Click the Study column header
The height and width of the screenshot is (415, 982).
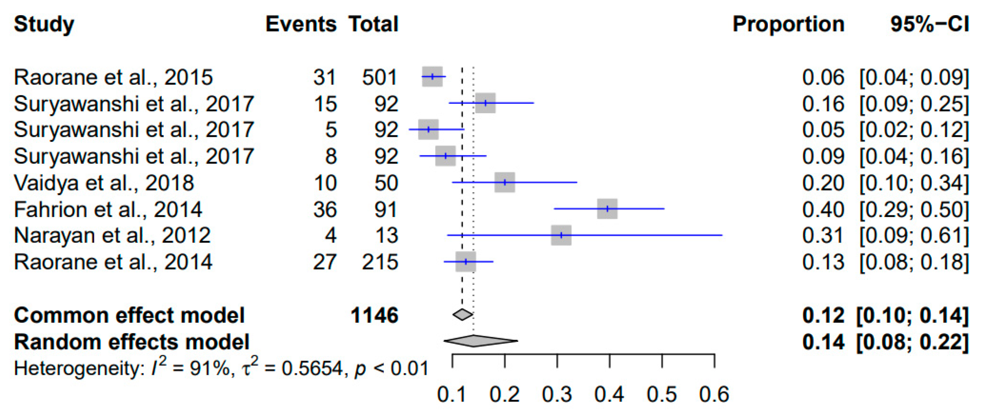point(44,24)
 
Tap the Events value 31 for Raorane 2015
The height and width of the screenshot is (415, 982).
point(324,77)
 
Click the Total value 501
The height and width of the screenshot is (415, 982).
point(379,77)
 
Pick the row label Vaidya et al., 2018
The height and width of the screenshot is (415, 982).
point(104,183)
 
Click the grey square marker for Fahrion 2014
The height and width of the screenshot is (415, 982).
point(607,209)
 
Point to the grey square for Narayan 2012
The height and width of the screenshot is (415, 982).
point(561,235)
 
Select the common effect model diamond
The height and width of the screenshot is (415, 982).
point(462,315)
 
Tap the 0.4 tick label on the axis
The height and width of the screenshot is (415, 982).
point(609,394)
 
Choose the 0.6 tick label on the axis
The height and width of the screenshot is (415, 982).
point(714,394)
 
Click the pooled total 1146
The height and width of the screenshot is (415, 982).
point(374,316)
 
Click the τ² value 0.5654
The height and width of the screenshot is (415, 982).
point(312,368)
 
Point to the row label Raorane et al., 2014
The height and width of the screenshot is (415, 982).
point(113,262)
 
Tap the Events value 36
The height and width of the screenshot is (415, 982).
point(325,210)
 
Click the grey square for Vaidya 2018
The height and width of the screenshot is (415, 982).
point(505,182)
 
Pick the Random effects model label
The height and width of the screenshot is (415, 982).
point(132,342)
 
